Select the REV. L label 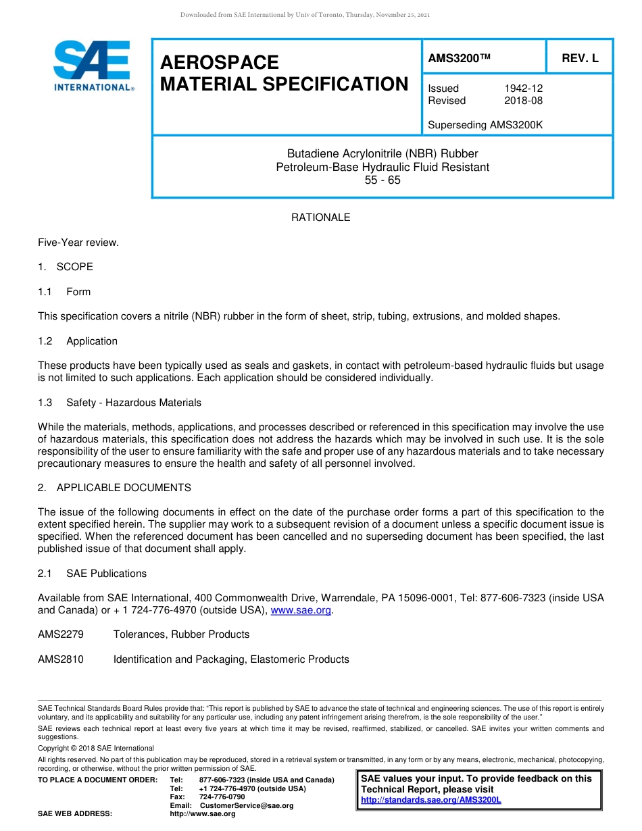[x=580, y=58]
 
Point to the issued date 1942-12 [x=523, y=89]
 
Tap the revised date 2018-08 [x=523, y=101]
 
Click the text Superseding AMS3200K [x=485, y=125]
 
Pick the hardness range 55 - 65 [x=382, y=180]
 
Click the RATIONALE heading [x=320, y=218]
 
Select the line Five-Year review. [x=78, y=242]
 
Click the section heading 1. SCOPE [x=66, y=267]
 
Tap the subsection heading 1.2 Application [x=78, y=341]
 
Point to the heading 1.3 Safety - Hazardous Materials [x=120, y=403]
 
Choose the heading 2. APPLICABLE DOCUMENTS [x=114, y=488]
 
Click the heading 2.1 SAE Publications [x=92, y=574]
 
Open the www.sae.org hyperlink [x=301, y=611]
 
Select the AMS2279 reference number [x=61, y=634]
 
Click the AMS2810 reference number [x=61, y=659]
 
